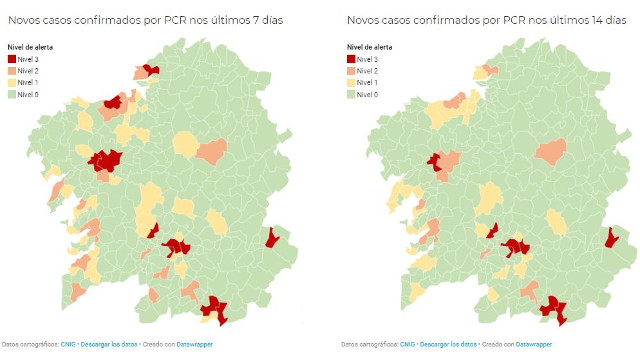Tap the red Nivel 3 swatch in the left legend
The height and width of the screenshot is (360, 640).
tap(12, 60)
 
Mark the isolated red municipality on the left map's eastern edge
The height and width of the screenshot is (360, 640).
tap(270, 238)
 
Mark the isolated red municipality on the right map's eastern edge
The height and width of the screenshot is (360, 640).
tap(611, 238)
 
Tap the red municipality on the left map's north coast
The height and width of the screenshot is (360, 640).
tap(150, 69)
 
